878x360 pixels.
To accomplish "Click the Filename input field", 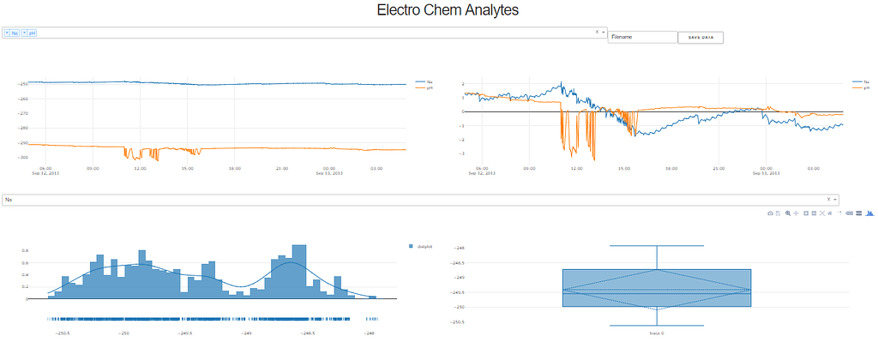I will (x=642, y=37).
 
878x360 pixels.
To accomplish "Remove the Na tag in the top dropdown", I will (x=7, y=33).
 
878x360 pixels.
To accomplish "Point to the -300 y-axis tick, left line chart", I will (x=22, y=157).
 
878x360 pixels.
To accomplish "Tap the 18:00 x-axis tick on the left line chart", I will (x=235, y=169).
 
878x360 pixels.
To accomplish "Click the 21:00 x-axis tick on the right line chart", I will (x=719, y=169).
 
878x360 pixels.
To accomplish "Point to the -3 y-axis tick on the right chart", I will (x=462, y=153).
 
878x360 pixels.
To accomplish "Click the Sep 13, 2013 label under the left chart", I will (x=329, y=173).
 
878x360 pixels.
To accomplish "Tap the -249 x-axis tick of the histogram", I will (x=247, y=334).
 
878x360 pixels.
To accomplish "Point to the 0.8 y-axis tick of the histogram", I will (x=25, y=251).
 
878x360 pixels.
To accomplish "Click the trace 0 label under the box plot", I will (x=656, y=333).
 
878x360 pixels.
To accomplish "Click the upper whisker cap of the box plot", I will (x=656, y=246).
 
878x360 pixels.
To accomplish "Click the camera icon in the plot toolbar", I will (x=770, y=212).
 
